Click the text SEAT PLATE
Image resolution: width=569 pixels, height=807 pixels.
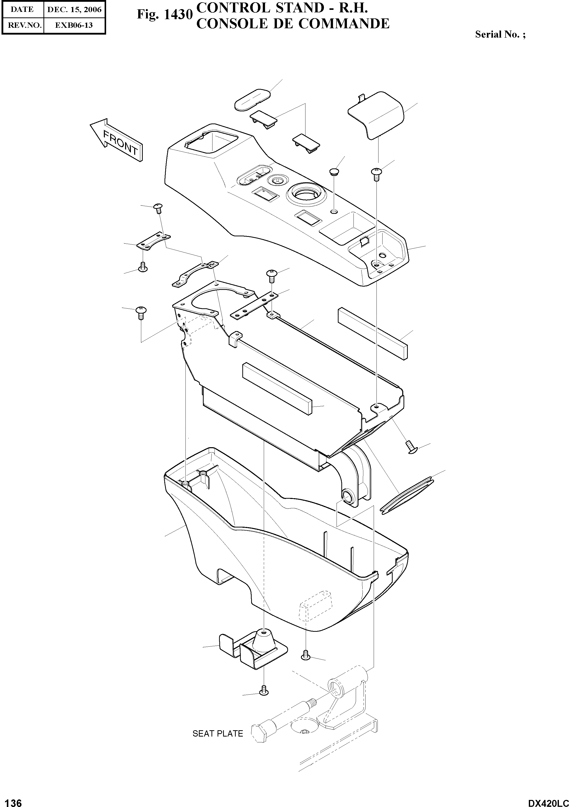218,734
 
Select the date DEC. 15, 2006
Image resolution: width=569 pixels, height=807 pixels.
74,10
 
